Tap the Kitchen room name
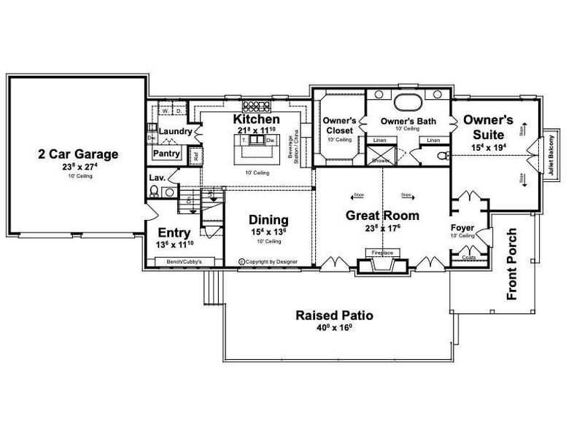pos(256,119)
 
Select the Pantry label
pos(167,154)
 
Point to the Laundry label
pos(175,132)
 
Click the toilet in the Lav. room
pos(153,192)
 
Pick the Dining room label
pos(268,219)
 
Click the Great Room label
pos(381,215)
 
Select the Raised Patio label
pos(335,315)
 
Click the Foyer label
pos(462,227)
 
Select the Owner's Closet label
pos(339,125)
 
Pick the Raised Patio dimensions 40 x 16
pos(335,328)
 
